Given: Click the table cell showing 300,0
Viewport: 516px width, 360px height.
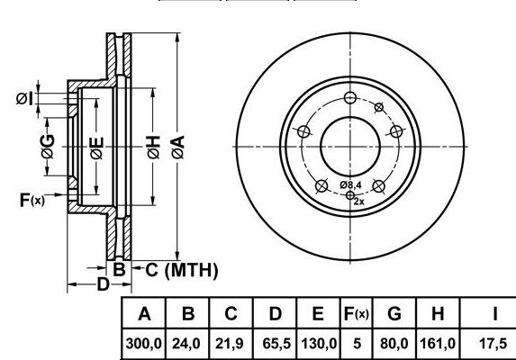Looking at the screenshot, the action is point(143,344).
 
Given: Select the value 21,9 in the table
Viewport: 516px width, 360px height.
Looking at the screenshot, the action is point(229,344).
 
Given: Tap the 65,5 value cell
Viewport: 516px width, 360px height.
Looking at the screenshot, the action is point(276,344).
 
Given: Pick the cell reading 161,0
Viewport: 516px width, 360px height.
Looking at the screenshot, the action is point(438,344).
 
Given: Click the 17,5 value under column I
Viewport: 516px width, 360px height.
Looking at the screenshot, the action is point(493,344).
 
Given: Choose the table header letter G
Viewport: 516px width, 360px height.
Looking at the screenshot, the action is point(394,313).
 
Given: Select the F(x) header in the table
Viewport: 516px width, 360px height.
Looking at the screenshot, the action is point(356,314).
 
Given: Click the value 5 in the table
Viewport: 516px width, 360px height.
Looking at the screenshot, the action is point(357,344).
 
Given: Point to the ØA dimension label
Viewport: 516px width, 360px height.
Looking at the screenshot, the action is point(178,148).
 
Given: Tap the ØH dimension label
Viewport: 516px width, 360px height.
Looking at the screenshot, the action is point(153,148).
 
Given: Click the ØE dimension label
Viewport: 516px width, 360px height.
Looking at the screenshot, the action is point(96,148).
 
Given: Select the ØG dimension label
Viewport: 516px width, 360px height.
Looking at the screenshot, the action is point(48,147).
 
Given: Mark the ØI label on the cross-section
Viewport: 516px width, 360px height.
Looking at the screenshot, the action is point(25,99).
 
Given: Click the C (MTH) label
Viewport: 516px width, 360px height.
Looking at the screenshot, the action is point(182,271).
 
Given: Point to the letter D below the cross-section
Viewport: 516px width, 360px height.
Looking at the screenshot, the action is point(103,284).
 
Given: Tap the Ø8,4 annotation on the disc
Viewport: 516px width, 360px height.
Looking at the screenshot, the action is point(351,185).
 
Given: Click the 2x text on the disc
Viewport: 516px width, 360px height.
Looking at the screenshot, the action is point(359,202).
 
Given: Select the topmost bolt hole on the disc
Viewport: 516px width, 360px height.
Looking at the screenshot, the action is point(350,97).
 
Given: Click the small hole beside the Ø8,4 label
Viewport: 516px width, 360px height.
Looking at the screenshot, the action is point(350,195).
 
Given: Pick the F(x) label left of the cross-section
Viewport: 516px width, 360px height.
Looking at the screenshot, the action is point(32,200).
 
